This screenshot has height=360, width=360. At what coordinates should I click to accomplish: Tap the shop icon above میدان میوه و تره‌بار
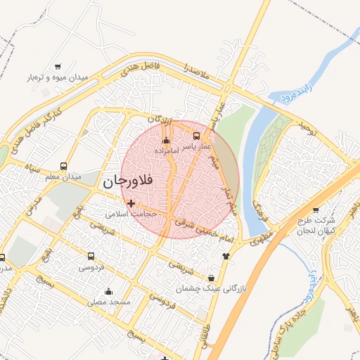[x=58, y=67]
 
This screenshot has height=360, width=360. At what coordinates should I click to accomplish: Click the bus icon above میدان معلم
[x=64, y=167]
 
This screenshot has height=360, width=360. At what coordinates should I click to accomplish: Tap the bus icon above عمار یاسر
[x=196, y=136]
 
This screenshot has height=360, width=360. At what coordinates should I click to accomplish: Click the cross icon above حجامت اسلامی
[x=131, y=203]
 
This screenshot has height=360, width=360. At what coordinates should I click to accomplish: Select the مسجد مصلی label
[x=109, y=302]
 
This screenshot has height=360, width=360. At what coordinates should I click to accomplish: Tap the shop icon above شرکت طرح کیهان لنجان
[x=315, y=210]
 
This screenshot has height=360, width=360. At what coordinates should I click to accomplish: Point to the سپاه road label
[x=32, y=168]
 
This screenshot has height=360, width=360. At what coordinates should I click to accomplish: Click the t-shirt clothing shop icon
[x=225, y=256]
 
